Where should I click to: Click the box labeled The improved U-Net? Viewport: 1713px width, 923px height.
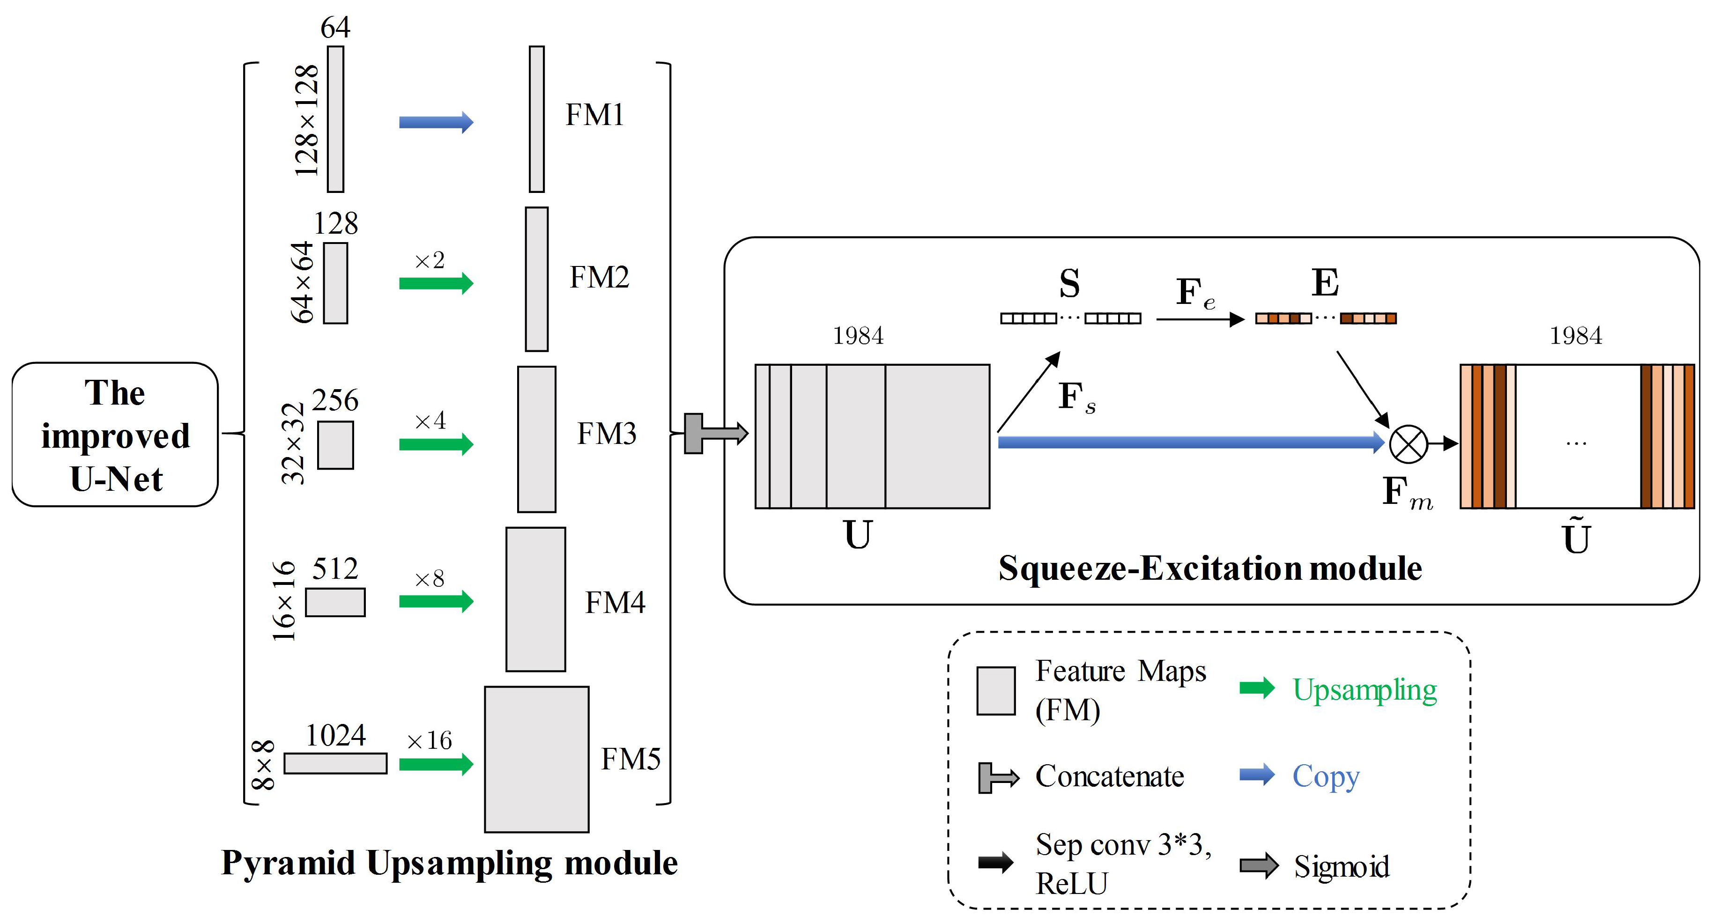click(115, 435)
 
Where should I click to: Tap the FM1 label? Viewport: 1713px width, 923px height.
click(594, 115)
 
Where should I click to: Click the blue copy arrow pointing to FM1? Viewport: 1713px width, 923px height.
click(436, 122)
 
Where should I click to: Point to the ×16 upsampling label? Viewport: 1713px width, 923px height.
click(429, 740)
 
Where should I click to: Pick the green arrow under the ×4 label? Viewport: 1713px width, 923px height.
click(436, 444)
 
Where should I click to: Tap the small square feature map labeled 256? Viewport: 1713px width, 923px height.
click(335, 445)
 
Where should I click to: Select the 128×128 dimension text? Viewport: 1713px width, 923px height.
click(306, 120)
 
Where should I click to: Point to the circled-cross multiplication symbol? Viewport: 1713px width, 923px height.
click(1408, 443)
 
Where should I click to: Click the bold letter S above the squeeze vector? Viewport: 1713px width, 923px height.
click(1069, 284)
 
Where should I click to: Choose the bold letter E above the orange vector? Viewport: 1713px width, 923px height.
click(1325, 283)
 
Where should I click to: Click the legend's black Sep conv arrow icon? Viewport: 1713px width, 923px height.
click(995, 863)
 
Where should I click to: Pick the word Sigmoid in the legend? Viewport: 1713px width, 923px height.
click(1341, 866)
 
